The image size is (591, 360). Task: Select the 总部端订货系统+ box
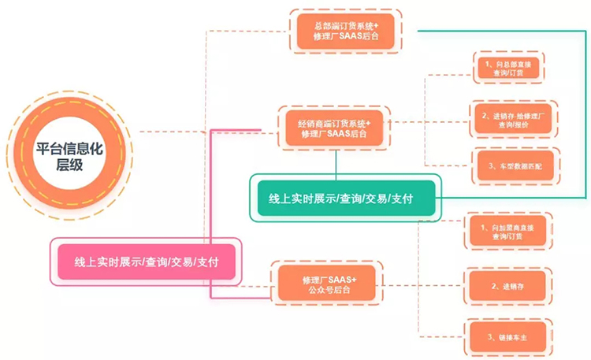[345, 32]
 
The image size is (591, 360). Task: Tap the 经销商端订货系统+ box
[333, 127]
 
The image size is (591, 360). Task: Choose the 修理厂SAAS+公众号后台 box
[328, 284]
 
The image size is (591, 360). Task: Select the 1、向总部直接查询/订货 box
[508, 68]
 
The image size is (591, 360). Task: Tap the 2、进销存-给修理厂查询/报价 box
[514, 120]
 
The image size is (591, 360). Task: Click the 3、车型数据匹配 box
[515, 166]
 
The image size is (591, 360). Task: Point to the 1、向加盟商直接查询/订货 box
[507, 232]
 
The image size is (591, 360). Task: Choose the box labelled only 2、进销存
[507, 286]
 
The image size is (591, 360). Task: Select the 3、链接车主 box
[507, 339]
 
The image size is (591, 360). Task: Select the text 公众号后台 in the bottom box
[330, 291]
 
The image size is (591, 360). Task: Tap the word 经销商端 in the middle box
[314, 121]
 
